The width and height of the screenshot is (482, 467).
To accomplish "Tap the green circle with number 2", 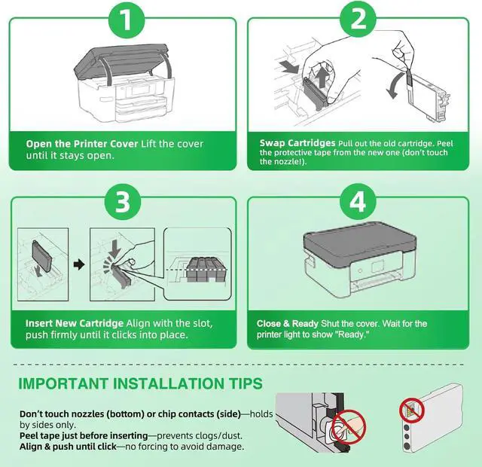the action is click(x=358, y=19).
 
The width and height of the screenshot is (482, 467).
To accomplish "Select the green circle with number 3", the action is click(x=123, y=202).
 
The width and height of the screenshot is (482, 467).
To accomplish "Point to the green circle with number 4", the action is click(x=358, y=202).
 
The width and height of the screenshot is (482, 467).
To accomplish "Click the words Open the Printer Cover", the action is click(x=82, y=144).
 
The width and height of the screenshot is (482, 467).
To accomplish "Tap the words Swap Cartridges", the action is click(x=297, y=143).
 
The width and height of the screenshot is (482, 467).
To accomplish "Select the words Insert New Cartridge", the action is click(x=75, y=323).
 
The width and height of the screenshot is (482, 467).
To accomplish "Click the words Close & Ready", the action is click(x=288, y=324).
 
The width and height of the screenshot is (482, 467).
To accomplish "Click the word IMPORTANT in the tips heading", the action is click(x=63, y=383).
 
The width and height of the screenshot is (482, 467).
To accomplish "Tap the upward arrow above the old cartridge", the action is click(x=322, y=78).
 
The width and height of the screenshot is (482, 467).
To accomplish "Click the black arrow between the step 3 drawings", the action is click(x=79, y=264).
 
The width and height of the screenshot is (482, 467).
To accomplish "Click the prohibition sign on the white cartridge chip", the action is click(x=412, y=411).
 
